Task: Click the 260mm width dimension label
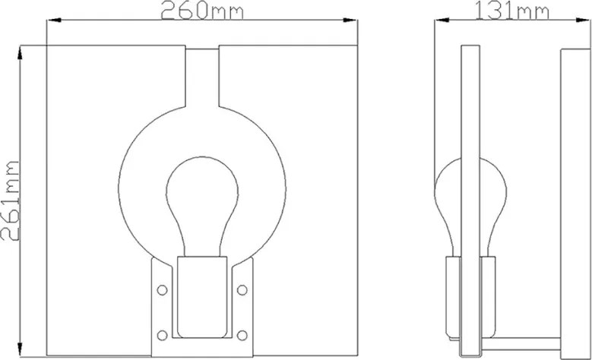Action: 202,10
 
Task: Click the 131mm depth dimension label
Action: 511,10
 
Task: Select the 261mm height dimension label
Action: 10,201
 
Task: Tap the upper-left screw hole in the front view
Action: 162,290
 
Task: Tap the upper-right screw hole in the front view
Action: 242,290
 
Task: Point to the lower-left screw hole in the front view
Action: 162,335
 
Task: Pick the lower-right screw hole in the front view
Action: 242,335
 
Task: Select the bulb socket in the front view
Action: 202,297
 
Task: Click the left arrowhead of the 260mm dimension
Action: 53,21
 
